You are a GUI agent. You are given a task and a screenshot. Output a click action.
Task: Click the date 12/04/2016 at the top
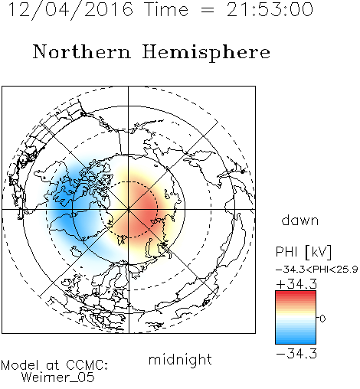tap(70, 10)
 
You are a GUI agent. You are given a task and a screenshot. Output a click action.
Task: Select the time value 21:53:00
tap(270, 9)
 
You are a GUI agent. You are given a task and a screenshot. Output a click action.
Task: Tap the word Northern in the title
tap(82, 51)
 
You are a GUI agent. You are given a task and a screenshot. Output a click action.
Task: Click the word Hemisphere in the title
tap(206, 53)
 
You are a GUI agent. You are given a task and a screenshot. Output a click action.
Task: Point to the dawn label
tap(300, 220)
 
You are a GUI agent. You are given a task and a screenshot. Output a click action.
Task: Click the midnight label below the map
tap(180, 360)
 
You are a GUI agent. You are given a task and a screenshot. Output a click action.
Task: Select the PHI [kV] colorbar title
tap(303, 252)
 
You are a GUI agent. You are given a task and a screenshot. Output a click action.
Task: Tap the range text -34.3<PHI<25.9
tap(317, 270)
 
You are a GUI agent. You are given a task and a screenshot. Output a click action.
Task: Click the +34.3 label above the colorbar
tap(296, 284)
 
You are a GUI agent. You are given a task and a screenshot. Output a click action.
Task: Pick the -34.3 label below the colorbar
tap(296, 354)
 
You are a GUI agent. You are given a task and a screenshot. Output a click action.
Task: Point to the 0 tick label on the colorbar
tap(322, 319)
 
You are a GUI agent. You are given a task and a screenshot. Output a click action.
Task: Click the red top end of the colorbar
tap(296, 293)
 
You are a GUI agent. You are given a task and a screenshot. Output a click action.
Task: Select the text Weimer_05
tap(58, 378)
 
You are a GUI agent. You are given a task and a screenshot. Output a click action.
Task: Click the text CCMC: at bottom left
tap(87, 365)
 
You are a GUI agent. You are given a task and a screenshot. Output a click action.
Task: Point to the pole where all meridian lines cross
tap(129, 210)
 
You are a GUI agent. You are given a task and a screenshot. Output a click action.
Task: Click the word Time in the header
tap(166, 9)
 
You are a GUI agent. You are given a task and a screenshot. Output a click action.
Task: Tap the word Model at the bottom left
tap(20, 365)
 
